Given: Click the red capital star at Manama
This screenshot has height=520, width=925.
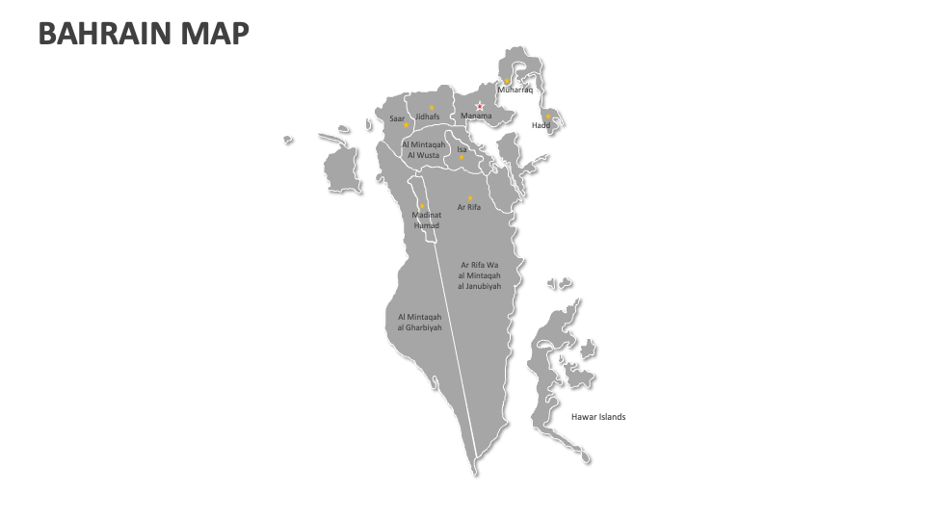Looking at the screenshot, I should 479,106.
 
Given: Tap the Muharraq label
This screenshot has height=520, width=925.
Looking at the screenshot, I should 515,90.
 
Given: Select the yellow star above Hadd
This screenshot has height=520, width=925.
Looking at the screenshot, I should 548,117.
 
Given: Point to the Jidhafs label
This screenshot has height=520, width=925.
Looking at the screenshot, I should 428,117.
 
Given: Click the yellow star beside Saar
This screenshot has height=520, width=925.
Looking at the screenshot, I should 406,124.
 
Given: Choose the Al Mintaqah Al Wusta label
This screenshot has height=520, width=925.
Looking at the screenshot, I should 423,149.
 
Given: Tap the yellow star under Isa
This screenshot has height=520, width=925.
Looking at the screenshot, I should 462,158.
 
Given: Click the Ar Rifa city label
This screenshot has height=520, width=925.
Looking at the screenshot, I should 469,207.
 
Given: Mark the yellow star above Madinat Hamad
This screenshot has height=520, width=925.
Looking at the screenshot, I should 421,205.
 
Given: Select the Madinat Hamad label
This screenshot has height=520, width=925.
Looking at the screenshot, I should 426,221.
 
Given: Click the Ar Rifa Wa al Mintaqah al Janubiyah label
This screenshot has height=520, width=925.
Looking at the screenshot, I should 480,275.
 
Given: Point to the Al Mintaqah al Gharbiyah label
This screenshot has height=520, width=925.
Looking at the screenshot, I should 420,322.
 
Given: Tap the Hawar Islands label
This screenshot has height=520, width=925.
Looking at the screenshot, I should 598,417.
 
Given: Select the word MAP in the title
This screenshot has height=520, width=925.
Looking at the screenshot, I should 220,35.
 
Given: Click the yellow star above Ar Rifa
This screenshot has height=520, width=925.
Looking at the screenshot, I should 469,197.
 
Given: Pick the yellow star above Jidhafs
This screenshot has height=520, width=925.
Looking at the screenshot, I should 432,107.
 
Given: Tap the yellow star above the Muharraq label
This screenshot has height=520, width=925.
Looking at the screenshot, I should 507,81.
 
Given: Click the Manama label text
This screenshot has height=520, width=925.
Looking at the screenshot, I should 476,117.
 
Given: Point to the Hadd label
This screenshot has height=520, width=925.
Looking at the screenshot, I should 541,125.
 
